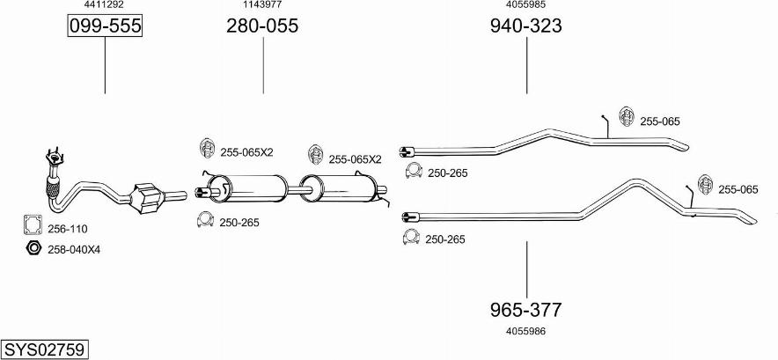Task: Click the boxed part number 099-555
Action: [105, 26]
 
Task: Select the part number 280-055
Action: [262, 26]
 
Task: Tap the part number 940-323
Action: [526, 26]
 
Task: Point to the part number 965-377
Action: [526, 309]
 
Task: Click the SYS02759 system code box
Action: [44, 349]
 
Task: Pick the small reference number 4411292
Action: [105, 5]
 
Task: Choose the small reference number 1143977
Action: [262, 5]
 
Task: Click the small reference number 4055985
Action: [526, 5]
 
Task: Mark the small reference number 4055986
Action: [526, 331]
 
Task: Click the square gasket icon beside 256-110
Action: [33, 227]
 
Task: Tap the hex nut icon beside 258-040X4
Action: [33, 248]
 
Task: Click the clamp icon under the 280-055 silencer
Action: [204, 221]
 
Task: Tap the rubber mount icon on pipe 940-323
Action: [627, 118]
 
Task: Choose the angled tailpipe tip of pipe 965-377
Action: [744, 217]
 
